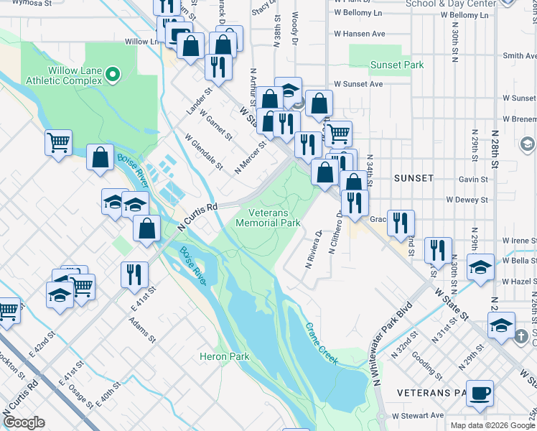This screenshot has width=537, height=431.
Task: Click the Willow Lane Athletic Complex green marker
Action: [x=113, y=74]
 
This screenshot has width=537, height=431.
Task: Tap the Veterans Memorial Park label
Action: [x=274, y=218]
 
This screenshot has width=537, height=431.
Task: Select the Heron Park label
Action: [x=224, y=356]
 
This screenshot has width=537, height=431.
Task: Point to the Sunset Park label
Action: [x=396, y=65]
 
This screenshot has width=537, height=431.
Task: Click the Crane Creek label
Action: [x=321, y=343]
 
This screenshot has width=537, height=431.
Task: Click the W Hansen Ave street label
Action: [x=359, y=34]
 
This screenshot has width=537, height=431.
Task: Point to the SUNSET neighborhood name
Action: [x=414, y=177]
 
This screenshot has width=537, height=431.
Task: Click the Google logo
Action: [x=24, y=422]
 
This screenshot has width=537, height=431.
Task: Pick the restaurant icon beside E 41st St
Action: [x=134, y=274]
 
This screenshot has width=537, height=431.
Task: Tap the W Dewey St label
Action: [x=467, y=200]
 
